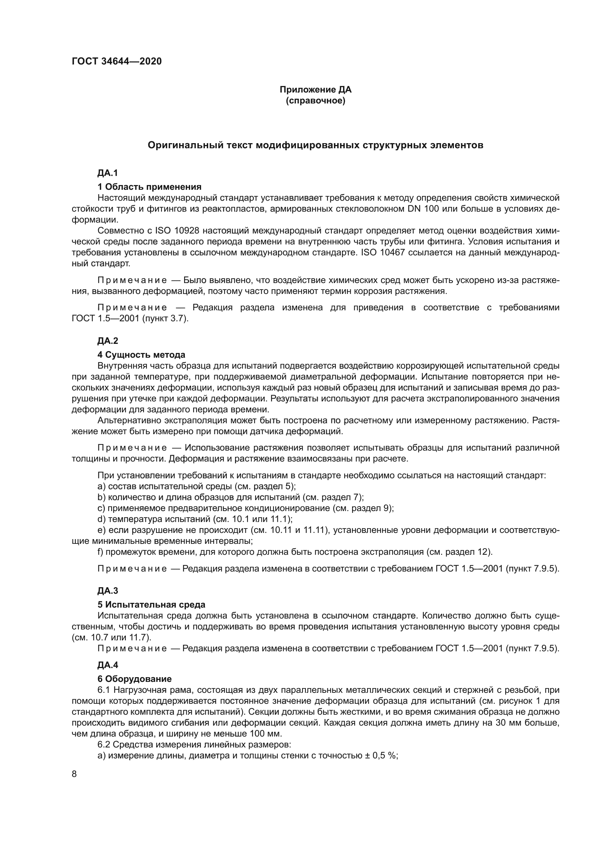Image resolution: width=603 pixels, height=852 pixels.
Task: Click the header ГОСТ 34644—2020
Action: (117, 62)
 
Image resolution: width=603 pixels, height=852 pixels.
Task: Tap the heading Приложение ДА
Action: (315, 90)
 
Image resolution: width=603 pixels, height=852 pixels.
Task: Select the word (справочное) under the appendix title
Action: (315, 101)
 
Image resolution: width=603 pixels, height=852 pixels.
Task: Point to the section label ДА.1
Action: (108, 173)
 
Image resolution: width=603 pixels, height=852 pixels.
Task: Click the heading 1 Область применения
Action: (149, 187)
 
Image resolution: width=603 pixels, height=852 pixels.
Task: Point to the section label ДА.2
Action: (108, 341)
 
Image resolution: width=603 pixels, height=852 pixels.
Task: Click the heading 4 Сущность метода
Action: (141, 355)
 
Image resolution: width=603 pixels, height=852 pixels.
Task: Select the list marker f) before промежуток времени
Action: (100, 552)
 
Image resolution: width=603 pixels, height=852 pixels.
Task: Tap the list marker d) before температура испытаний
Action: (101, 519)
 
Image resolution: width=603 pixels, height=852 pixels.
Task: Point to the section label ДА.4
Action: (108, 665)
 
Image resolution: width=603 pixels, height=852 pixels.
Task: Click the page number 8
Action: (74, 774)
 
